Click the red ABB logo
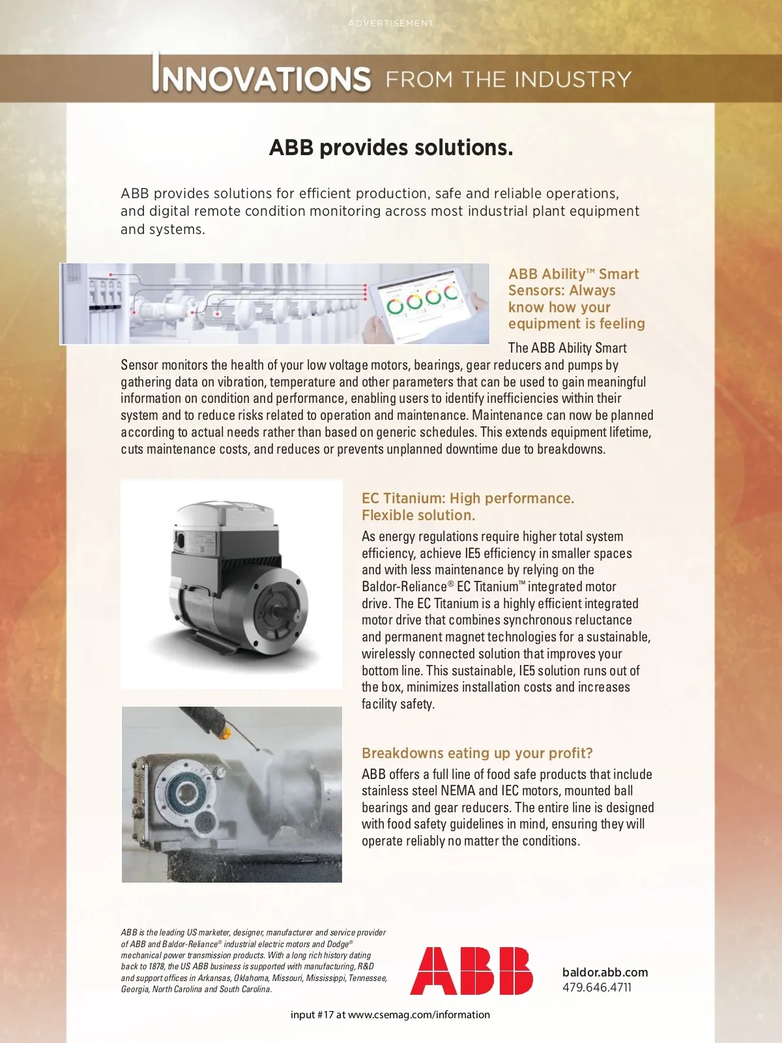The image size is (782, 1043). [471, 971]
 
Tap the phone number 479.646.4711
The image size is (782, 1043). [597, 988]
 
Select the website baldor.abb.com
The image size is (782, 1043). [605, 972]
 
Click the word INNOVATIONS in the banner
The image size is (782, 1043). [262, 78]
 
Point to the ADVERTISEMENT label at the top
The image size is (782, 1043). [391, 23]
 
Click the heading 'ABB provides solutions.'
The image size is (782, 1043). [391, 148]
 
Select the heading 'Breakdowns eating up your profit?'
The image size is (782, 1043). [477, 754]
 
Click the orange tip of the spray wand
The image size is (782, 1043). [224, 731]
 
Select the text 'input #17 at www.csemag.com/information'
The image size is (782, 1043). [390, 1015]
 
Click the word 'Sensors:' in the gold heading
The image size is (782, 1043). [536, 291]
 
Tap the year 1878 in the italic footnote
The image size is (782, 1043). [156, 967]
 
